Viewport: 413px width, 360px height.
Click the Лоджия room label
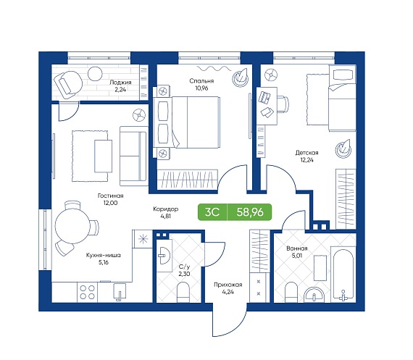pyautogui.click(x=120, y=82)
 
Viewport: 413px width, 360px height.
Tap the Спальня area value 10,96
pyautogui.click(x=201, y=88)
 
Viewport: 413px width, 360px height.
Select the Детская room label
pyautogui.click(x=307, y=153)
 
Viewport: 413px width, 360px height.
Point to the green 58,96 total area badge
pyautogui.click(x=249, y=212)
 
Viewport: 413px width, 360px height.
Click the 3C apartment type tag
pyautogui.click(x=212, y=212)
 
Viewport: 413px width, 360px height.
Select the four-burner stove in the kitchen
pyautogui.click(x=88, y=293)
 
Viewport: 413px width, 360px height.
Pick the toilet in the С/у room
pyautogui.click(x=183, y=293)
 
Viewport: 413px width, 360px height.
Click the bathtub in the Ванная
pyautogui.click(x=343, y=274)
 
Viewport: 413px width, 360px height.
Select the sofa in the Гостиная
pyautogui.click(x=134, y=156)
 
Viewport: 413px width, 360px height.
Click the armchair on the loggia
pyautogui.click(x=67, y=83)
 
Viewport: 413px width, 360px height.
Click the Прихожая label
pyautogui.click(x=228, y=285)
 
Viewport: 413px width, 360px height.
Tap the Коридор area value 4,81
pyautogui.click(x=166, y=216)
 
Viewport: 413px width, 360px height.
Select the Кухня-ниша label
pyautogui.click(x=103, y=255)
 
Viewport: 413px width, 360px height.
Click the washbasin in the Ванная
pyautogui.click(x=314, y=295)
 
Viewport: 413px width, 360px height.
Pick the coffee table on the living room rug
pyautogui.click(x=103, y=156)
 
